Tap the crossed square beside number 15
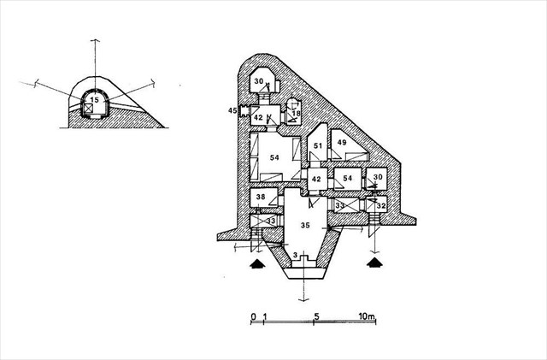[x=87, y=109]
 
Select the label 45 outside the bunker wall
[x=232, y=111]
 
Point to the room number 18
[x=296, y=113]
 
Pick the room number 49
[x=340, y=142]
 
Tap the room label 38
[x=261, y=198]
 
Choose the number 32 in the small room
[x=381, y=206]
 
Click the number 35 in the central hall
[x=303, y=225]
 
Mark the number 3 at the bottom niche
[x=295, y=256]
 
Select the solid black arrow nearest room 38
[x=256, y=264]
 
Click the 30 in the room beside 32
[x=376, y=178]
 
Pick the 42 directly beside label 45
[x=258, y=117]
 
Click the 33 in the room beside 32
[x=340, y=205]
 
